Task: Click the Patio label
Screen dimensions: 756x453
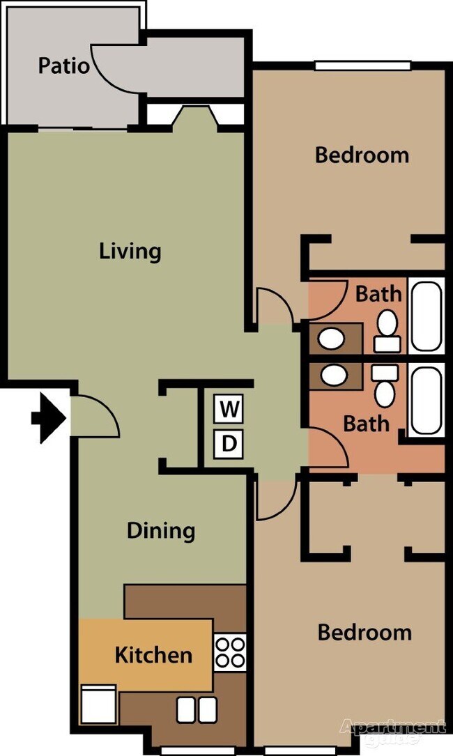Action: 63,66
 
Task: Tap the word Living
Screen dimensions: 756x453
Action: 130,251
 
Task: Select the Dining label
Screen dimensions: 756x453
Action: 160,531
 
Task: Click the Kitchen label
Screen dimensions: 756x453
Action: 153,655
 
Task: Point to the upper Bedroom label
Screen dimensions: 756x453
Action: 362,155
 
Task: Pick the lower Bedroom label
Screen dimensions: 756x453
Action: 364,633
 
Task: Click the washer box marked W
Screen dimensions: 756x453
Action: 228,410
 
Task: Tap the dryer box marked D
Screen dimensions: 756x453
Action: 228,443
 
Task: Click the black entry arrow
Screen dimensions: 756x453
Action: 49,419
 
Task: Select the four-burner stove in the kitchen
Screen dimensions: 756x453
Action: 230,652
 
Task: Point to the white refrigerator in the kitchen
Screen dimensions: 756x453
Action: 99,704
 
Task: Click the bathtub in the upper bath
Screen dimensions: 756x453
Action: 426,315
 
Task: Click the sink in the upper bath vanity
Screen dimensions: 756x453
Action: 332,339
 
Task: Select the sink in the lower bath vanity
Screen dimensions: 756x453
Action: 333,376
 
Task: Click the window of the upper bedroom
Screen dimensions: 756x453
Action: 362,66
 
